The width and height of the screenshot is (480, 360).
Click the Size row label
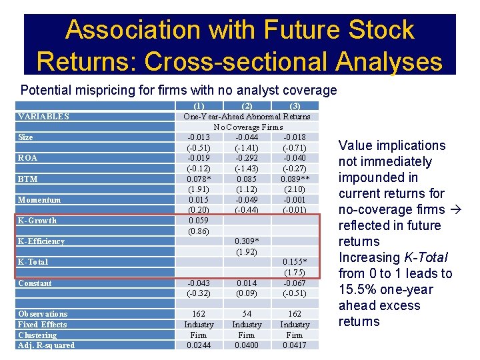25,137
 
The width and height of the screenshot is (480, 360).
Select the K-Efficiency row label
41,241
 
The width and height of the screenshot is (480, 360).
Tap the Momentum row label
39,200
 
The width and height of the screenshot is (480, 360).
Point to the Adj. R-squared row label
46,345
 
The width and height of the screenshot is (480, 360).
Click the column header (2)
247,106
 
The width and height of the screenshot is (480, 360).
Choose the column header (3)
294,106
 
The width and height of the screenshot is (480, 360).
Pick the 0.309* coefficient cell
247,241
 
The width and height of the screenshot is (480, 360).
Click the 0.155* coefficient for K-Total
294,262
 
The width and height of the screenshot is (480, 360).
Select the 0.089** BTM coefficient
294,179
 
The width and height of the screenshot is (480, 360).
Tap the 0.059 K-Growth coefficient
199,221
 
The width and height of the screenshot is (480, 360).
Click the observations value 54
247,314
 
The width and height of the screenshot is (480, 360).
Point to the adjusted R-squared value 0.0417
294,345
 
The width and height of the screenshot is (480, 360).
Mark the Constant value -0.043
199,283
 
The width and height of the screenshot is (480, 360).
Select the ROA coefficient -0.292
247,158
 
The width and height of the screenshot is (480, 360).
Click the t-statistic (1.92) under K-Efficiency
247,252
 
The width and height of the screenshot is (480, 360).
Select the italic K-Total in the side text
425,258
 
